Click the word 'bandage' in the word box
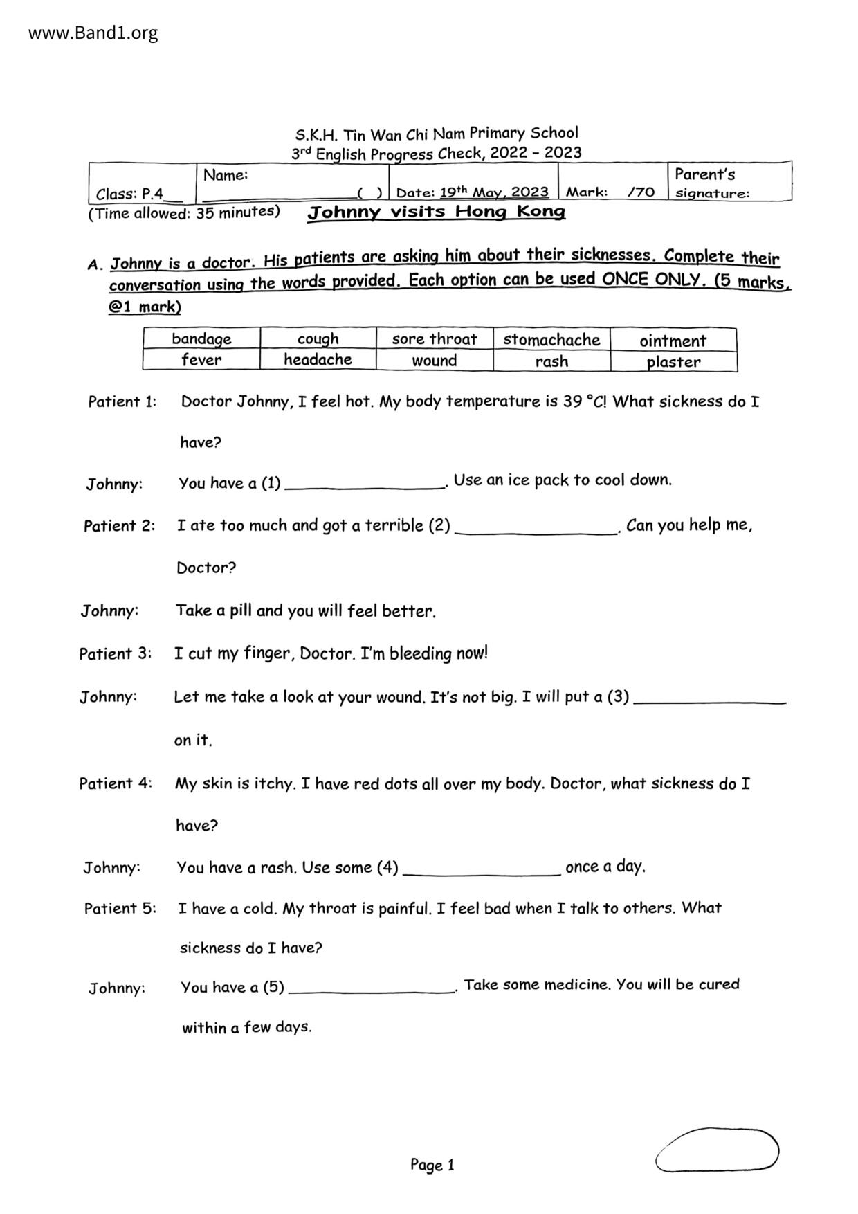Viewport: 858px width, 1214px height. click(x=201, y=338)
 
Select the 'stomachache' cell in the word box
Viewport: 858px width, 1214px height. click(x=551, y=340)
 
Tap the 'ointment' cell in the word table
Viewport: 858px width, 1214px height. click(x=673, y=341)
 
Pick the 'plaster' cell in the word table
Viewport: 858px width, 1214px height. click(x=673, y=362)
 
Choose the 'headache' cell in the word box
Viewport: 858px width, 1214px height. click(x=318, y=359)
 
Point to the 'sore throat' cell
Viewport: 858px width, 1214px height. click(x=434, y=339)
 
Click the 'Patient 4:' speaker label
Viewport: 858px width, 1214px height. click(x=116, y=783)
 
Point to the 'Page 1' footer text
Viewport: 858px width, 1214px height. click(x=432, y=1165)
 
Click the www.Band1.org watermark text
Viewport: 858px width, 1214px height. click(x=93, y=33)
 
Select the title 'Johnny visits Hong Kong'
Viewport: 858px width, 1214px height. click(x=436, y=212)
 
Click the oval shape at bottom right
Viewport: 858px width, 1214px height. click(x=717, y=1150)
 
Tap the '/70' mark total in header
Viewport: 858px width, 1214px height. click(x=641, y=192)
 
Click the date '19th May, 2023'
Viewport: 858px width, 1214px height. click(x=494, y=192)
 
